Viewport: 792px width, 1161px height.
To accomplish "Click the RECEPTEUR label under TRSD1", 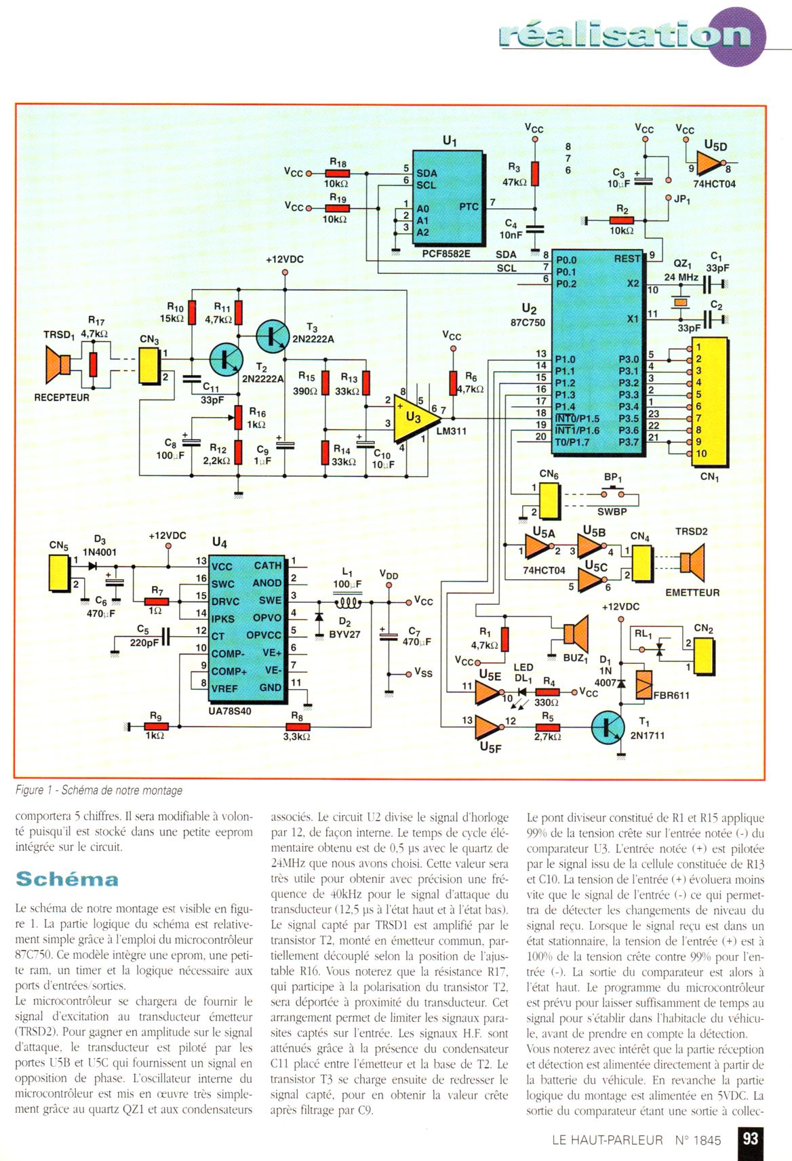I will coord(62,397).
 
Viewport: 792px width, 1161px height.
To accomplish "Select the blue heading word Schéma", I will coord(66,879).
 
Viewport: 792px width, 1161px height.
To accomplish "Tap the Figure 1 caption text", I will coord(99,790).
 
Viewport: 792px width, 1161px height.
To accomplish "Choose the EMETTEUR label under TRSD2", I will coord(692,592).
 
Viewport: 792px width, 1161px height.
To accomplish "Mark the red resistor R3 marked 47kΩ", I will coord(536,174).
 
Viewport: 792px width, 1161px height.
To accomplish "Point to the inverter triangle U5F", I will coord(488,728).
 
